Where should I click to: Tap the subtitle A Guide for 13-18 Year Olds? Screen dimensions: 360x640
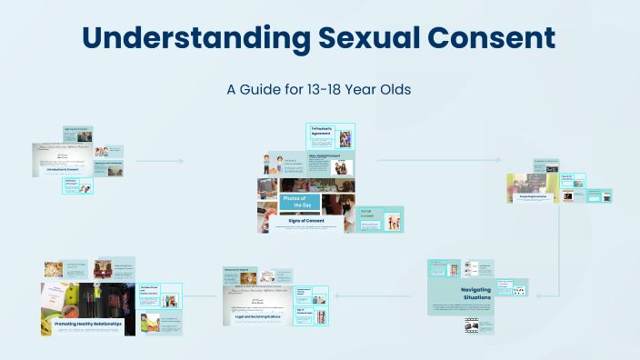pos(319,90)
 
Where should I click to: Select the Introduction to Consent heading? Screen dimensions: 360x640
pos(62,169)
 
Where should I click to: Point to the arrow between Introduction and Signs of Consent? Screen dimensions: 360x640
pos(160,161)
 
